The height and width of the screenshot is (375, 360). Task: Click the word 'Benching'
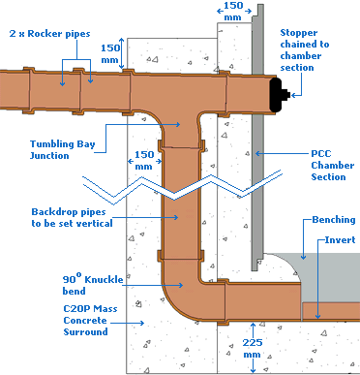(334, 221)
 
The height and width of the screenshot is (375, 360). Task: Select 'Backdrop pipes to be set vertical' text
(71, 216)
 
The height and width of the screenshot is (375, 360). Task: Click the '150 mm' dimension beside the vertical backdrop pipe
(142, 160)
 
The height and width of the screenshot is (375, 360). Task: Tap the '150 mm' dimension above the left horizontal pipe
(112, 52)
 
